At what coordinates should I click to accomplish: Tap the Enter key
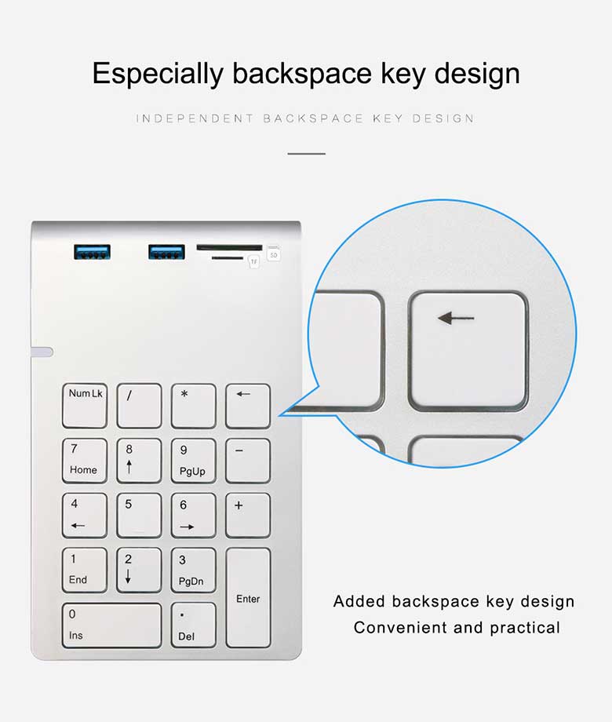(248, 598)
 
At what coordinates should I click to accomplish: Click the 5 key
(139, 516)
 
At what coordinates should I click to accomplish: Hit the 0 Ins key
(112, 625)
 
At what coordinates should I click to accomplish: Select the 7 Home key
(85, 461)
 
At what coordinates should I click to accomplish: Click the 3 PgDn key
(194, 571)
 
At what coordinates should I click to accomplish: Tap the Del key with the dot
(194, 625)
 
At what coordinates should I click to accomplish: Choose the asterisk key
(194, 407)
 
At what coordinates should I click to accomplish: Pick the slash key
(139, 407)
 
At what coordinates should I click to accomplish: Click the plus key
(248, 516)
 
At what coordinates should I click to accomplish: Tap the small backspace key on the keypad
(248, 407)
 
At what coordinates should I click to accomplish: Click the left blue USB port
(92, 252)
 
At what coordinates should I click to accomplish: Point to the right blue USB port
(166, 252)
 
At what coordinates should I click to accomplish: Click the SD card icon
(274, 253)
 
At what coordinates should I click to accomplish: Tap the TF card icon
(253, 261)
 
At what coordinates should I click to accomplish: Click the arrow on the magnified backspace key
(456, 318)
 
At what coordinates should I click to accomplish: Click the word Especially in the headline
(158, 74)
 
